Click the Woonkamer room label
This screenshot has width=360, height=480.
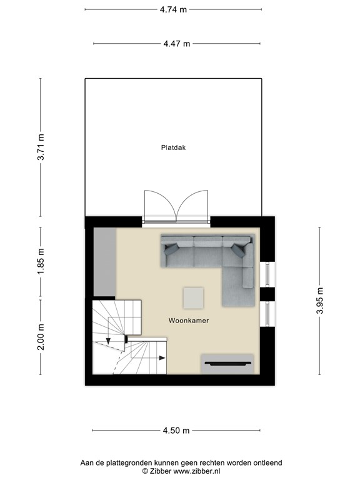[188, 320]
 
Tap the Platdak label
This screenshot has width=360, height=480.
[174, 148]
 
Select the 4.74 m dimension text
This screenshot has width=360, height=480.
[173, 9]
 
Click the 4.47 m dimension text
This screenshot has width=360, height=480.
[177, 44]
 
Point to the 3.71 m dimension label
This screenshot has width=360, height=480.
[41, 148]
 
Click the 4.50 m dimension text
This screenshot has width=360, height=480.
[176, 431]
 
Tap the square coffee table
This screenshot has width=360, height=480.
[193, 297]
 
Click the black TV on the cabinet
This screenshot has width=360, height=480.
[228, 363]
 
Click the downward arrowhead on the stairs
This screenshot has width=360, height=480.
[108, 341]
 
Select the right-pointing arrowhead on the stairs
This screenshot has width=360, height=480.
[162, 358]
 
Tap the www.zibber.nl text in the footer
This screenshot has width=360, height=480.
[186, 471]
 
